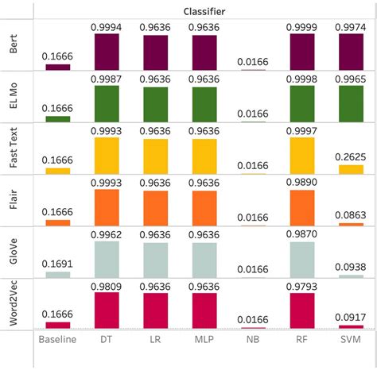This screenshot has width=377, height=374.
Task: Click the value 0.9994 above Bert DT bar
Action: tap(107, 28)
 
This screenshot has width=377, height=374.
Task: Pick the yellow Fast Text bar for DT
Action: tap(107, 156)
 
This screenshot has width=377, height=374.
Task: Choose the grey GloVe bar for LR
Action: tap(156, 260)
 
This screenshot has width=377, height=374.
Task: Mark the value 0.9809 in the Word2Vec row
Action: tap(107, 286)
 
